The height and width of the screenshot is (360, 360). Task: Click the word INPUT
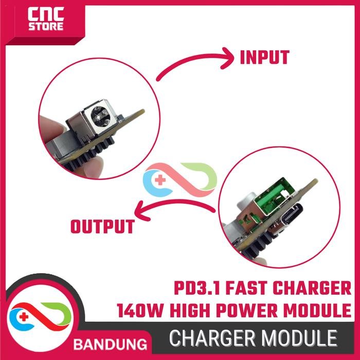264,58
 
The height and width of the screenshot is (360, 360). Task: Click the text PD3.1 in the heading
197,287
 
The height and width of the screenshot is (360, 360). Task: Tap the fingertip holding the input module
49,125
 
